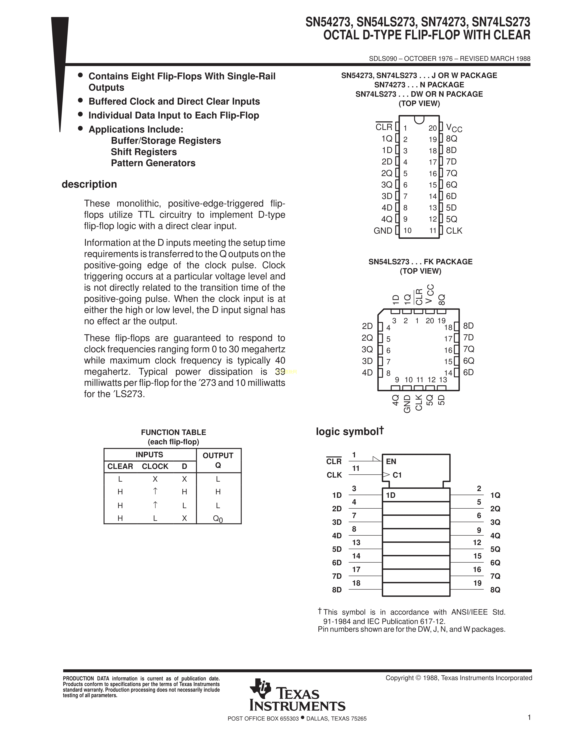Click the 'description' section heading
(x=89, y=184)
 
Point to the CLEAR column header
(x=120, y=467)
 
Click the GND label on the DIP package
(x=383, y=231)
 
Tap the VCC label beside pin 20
(x=454, y=128)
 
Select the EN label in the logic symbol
(x=391, y=461)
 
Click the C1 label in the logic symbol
(x=397, y=475)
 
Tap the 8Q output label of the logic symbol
(x=495, y=590)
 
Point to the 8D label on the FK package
(x=469, y=326)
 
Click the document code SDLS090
(x=383, y=58)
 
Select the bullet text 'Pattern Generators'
(x=153, y=163)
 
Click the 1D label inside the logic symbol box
(x=391, y=495)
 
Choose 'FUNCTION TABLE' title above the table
(x=173, y=432)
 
